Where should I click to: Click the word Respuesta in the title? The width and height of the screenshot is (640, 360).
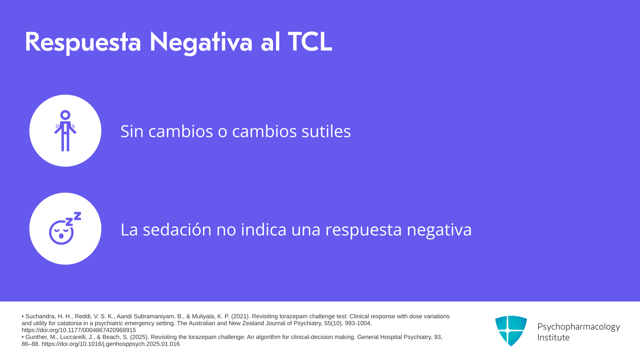click(83, 42)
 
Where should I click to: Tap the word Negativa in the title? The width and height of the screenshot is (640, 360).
click(201, 42)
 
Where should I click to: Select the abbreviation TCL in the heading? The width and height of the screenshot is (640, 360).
click(310, 42)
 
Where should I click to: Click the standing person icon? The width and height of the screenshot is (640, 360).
click(65, 131)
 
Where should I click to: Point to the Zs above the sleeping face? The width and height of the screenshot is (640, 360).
click(73, 219)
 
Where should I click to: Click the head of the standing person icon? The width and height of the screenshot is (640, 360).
click(65, 115)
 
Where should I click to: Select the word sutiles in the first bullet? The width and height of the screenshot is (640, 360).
click(326, 131)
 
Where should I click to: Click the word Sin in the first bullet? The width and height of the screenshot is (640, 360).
click(132, 131)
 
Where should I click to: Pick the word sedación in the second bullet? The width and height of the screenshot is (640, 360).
click(177, 229)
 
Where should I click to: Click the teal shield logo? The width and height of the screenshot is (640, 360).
click(511, 331)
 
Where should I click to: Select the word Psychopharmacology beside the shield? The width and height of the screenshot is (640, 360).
click(579, 327)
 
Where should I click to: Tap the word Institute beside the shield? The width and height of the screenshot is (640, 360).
click(553, 337)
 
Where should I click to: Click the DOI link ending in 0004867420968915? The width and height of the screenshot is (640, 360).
click(79, 330)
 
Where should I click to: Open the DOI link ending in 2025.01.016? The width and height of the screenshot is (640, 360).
click(111, 344)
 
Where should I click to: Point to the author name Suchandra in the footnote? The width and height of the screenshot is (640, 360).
click(40, 316)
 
